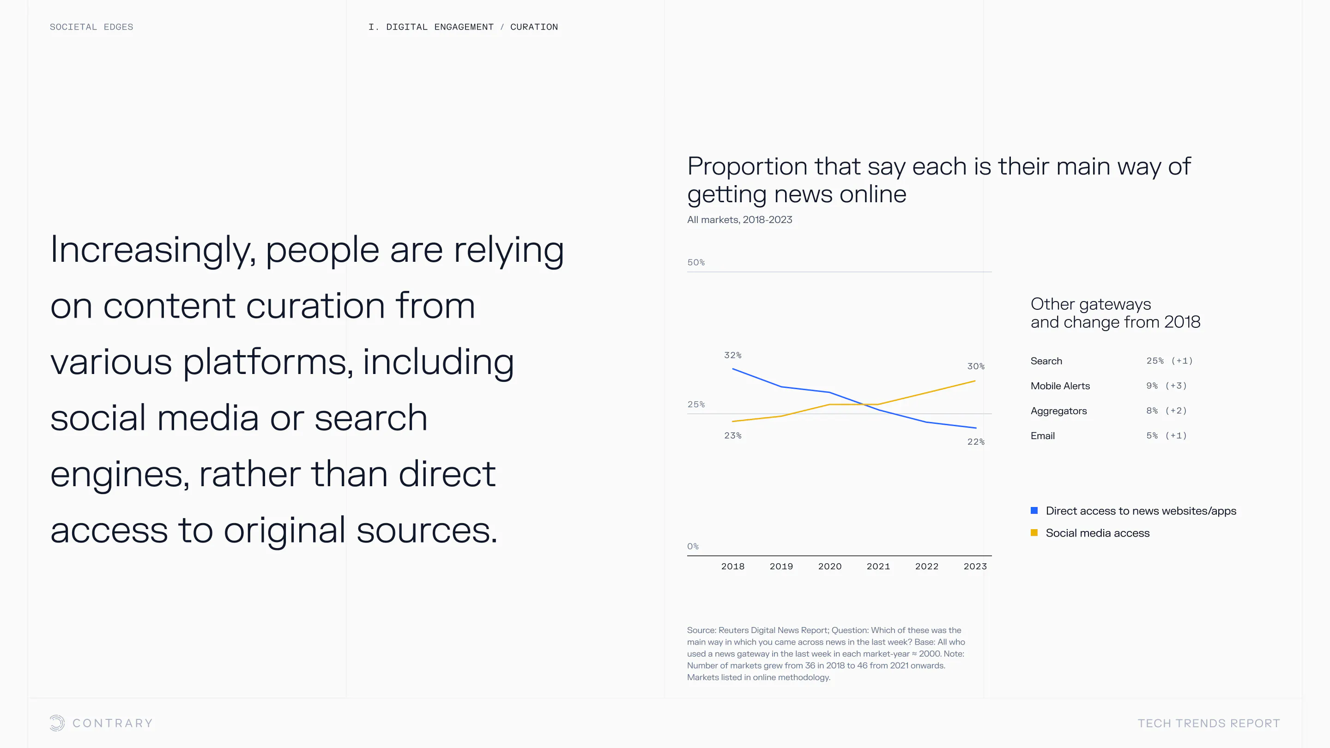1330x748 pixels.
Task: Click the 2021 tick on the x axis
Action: [878, 566]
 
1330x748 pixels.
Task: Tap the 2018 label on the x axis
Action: [732, 566]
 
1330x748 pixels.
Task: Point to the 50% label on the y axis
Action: [696, 262]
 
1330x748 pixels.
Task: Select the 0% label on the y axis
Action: [693, 546]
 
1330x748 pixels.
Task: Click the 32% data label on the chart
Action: [732, 355]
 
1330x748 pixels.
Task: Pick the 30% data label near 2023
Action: [976, 366]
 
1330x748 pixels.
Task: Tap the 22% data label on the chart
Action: [976, 442]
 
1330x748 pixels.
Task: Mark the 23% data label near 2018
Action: [732, 436]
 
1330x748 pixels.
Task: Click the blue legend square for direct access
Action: [1034, 511]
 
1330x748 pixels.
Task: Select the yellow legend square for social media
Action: [1034, 533]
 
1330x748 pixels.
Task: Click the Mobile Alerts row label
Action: [1060, 386]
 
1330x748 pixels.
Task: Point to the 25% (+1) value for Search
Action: [1169, 361]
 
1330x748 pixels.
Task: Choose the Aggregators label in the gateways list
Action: [1058, 411]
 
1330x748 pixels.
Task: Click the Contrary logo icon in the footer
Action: [57, 723]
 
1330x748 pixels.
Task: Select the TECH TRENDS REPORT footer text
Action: [1209, 723]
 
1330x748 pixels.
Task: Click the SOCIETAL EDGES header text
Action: [91, 27]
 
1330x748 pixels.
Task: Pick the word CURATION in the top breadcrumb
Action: [534, 27]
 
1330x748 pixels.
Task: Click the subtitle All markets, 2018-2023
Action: [739, 219]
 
